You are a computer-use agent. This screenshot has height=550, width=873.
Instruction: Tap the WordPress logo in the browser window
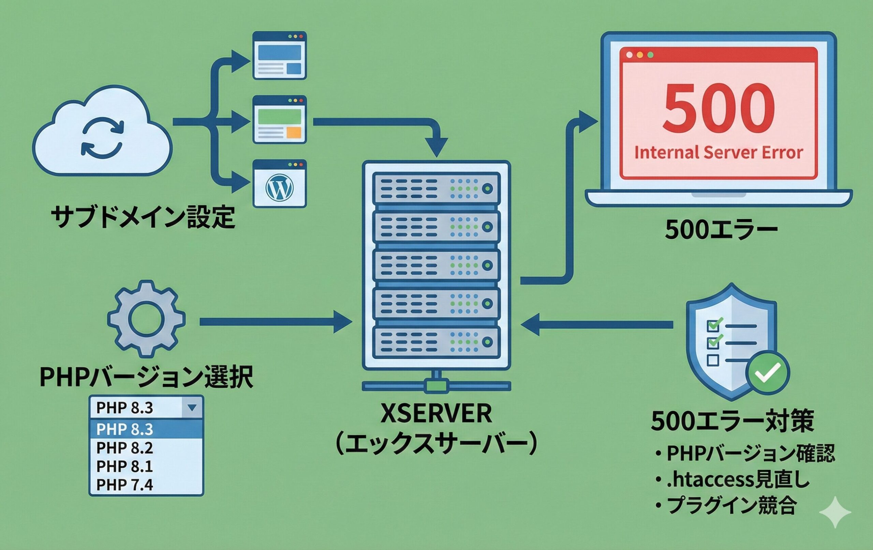(x=280, y=188)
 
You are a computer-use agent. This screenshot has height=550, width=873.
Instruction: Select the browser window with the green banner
(x=280, y=120)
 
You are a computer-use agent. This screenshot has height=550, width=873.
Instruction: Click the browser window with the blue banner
(x=280, y=56)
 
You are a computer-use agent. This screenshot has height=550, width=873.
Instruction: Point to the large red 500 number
(x=718, y=109)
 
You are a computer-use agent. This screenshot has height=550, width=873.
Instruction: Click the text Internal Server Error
(x=718, y=153)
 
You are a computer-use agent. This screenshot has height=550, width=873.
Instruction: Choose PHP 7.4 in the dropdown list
(x=125, y=485)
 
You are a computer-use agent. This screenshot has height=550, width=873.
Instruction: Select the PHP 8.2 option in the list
(x=125, y=448)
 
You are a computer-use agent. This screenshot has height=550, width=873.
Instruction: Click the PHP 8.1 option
(x=125, y=466)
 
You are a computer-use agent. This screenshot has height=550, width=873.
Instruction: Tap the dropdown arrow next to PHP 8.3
(x=192, y=407)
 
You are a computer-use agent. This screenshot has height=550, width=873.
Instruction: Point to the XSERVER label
(x=436, y=414)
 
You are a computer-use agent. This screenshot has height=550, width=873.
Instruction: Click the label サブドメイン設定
(x=143, y=217)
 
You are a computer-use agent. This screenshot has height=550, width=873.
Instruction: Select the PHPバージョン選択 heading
(x=146, y=377)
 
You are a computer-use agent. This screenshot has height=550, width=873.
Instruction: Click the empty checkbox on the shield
(x=713, y=360)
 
